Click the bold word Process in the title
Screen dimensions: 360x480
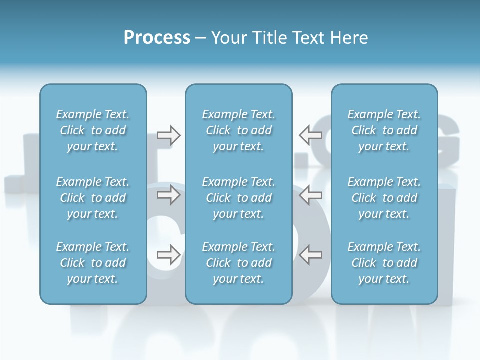(157, 38)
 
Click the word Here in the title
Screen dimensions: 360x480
(349, 38)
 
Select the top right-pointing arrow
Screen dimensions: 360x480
(168, 135)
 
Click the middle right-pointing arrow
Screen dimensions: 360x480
(168, 195)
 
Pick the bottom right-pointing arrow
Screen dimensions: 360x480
(168, 255)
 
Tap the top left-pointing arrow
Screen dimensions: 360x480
(311, 135)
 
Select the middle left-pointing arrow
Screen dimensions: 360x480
(311, 195)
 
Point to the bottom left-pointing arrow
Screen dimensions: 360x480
(311, 255)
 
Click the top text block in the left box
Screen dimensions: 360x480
(93, 130)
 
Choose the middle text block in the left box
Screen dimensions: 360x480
(93, 198)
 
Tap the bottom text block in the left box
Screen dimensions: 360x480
(93, 263)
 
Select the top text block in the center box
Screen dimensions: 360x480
(238, 130)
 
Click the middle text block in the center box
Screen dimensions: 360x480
(238, 198)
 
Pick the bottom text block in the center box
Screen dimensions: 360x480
(238, 263)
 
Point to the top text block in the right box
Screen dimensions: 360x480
(384, 130)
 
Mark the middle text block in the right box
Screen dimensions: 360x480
(384, 198)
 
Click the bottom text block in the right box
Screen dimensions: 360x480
(384, 263)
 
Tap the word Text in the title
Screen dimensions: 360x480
(308, 38)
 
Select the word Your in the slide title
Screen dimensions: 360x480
(227, 38)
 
